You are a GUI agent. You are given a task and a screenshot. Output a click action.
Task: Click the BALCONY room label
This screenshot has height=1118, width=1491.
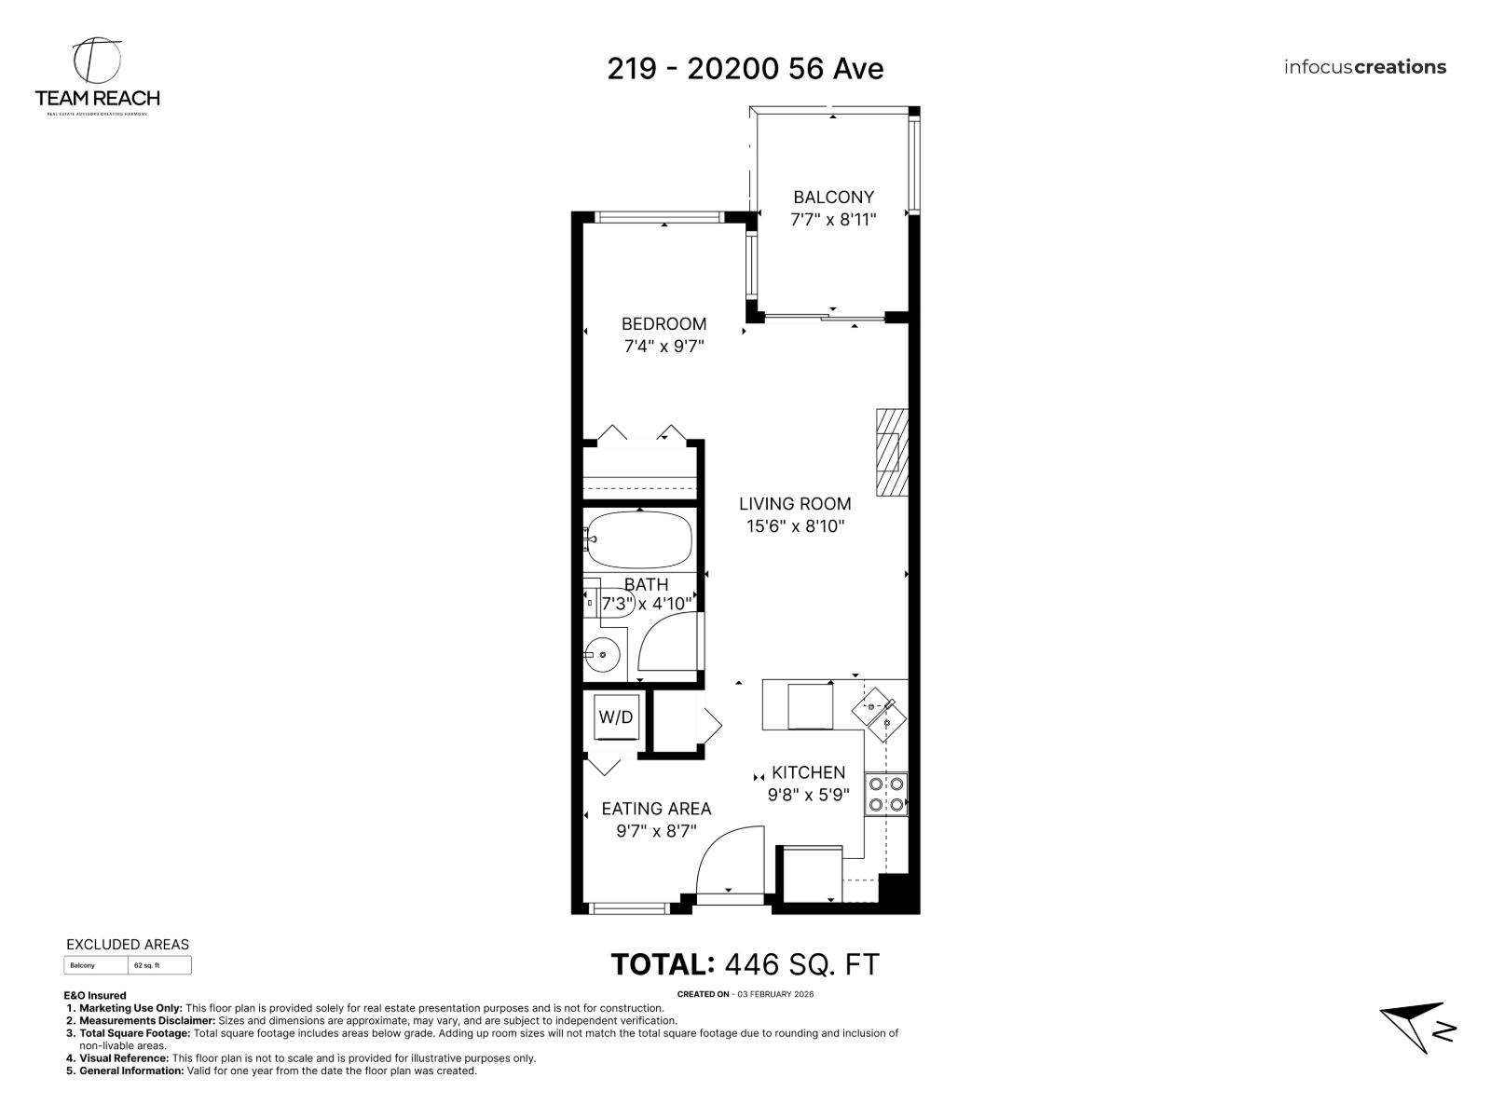click(x=833, y=198)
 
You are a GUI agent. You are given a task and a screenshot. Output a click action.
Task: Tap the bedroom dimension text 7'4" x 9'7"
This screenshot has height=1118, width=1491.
click(x=663, y=347)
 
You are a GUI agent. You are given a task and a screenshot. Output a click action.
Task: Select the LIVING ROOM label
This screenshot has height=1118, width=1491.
click(x=795, y=504)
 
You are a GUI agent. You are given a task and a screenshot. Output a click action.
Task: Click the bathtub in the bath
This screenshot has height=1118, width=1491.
click(x=640, y=540)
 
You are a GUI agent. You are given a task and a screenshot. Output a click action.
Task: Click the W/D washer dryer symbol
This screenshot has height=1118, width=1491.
click(x=616, y=717)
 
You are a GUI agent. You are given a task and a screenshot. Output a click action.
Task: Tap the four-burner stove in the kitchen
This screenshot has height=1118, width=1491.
click(x=885, y=794)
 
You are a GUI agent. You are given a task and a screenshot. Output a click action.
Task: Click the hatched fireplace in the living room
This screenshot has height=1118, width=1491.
click(x=890, y=452)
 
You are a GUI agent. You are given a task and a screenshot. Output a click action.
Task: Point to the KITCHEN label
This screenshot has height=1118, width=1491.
click(x=808, y=772)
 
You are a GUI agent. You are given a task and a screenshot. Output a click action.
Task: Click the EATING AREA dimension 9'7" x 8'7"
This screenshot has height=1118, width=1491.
click(x=656, y=831)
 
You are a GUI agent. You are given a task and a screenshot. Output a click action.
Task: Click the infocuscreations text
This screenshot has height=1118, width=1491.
click(x=1364, y=67)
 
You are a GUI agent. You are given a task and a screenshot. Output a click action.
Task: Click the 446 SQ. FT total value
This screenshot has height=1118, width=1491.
click(x=801, y=964)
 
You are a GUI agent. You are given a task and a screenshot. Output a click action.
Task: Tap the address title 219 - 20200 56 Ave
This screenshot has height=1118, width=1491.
click(x=745, y=68)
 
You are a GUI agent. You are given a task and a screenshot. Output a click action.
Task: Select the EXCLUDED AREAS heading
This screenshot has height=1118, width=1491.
click(x=128, y=944)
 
